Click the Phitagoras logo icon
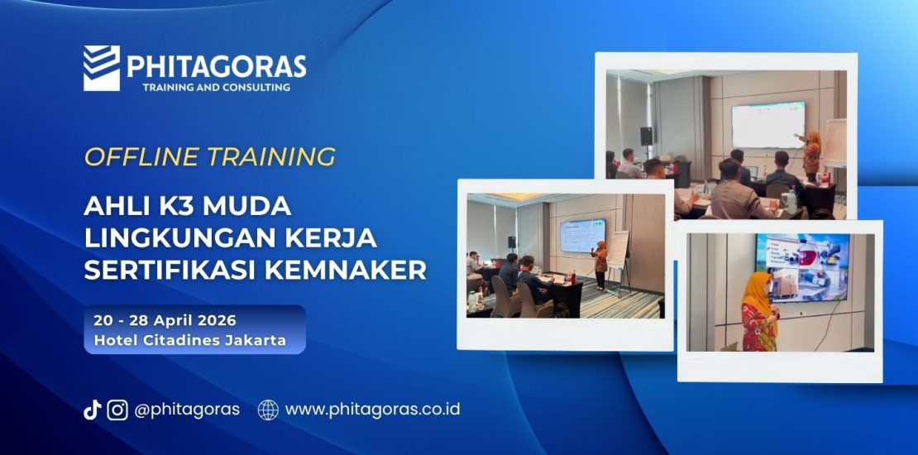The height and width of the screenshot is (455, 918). (101, 67)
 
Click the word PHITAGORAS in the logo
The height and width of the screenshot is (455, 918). (216, 66)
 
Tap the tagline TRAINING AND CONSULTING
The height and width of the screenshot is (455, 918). (216, 87)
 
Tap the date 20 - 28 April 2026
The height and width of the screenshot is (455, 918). (165, 321)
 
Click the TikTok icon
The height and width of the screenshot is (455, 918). (92, 409)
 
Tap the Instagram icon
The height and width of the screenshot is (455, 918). (117, 409)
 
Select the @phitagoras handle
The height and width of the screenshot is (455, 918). (187, 409)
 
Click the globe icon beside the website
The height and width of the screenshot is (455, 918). (268, 409)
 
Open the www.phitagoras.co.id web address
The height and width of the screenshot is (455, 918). (372, 409)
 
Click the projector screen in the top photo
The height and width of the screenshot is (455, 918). (767, 125)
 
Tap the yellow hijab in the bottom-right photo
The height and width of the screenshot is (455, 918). (758, 291)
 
